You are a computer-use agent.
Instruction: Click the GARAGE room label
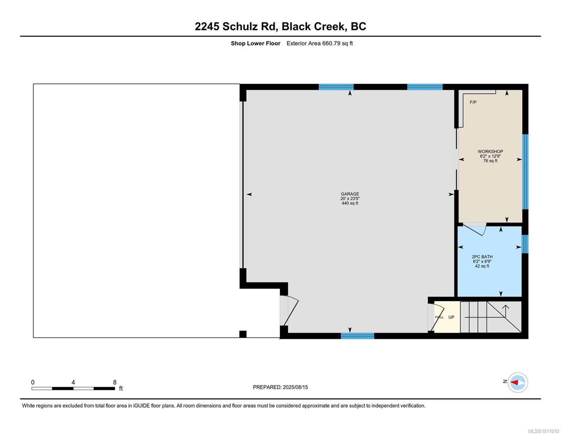(x=350, y=194)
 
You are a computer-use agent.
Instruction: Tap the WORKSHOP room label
(x=490, y=152)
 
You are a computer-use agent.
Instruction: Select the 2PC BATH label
(x=482, y=257)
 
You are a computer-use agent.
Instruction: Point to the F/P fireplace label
(x=473, y=102)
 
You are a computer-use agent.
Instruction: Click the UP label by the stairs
(x=451, y=317)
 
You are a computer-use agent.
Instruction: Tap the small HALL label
(x=439, y=317)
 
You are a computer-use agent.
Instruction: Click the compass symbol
(x=517, y=382)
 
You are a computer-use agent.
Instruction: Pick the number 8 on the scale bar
(x=115, y=382)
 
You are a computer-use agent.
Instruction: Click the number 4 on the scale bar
(x=73, y=382)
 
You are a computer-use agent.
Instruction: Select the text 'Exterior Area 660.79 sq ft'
(x=319, y=43)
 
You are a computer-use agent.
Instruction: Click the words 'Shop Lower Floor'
(x=255, y=43)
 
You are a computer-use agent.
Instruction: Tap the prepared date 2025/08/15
(x=295, y=387)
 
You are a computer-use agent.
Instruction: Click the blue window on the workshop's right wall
(x=525, y=172)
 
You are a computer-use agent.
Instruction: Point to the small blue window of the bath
(x=525, y=244)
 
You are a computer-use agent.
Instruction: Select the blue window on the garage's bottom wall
(x=357, y=336)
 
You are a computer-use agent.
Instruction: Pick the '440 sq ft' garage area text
(x=350, y=203)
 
